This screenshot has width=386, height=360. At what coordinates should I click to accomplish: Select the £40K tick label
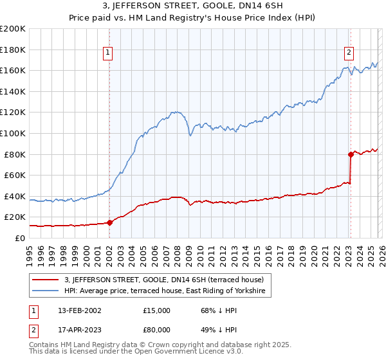[15, 196]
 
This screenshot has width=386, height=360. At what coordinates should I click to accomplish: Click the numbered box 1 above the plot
[108, 53]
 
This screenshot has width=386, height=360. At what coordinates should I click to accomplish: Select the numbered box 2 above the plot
[349, 53]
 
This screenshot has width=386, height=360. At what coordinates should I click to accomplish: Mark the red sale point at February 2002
[109, 222]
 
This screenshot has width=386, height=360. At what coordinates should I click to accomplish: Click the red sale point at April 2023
[351, 154]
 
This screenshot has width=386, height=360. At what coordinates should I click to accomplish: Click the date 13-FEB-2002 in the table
[79, 310]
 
